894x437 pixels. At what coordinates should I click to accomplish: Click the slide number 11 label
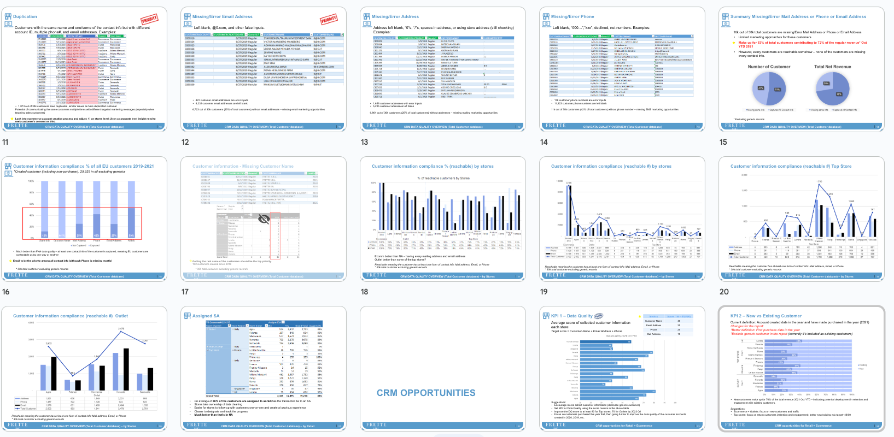5,142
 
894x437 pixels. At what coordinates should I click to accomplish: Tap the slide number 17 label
185,292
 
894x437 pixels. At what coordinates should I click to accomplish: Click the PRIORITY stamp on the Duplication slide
149,19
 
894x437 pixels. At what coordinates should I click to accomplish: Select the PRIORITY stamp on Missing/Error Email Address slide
329,19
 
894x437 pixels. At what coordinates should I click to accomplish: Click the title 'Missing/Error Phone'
572,16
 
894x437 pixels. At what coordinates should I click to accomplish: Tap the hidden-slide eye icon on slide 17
264,219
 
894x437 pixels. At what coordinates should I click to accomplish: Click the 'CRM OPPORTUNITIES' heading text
426,393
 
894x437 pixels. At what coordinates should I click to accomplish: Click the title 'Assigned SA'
206,316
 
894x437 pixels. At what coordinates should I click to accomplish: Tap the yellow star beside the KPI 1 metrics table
598,316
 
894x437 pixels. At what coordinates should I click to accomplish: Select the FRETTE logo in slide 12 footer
197,126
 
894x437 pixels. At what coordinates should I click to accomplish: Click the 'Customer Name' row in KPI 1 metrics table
654,321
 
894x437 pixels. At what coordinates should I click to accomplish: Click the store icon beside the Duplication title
8,17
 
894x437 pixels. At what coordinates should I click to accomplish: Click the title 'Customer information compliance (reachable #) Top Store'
791,166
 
